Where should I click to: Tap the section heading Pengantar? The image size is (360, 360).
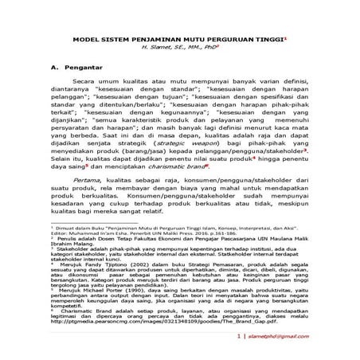click(x=83, y=68)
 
